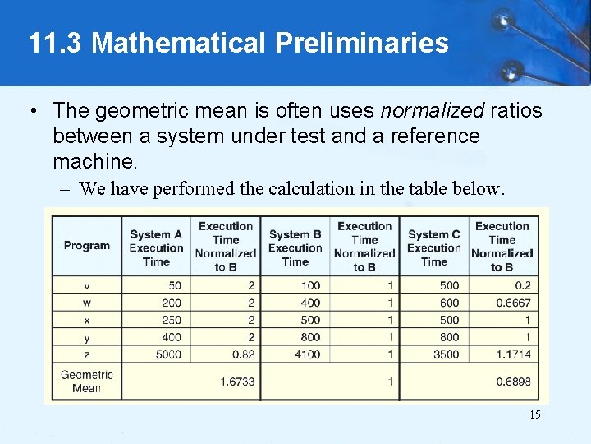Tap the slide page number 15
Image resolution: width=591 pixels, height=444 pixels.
[x=534, y=414]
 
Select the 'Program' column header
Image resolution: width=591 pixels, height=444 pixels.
[x=86, y=245]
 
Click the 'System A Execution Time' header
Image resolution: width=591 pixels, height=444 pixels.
[x=156, y=247]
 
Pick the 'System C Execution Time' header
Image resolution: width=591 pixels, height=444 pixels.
[x=433, y=247]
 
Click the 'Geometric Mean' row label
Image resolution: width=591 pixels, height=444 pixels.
[x=86, y=382]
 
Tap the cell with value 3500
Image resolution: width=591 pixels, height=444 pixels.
[x=444, y=354]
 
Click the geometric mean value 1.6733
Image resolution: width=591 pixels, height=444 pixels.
[x=237, y=382]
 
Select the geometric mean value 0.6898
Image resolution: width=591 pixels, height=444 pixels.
[x=514, y=382]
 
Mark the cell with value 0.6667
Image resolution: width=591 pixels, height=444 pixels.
[x=514, y=303]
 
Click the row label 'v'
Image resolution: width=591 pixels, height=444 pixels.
[x=87, y=285]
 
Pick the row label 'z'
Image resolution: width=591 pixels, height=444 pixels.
[x=87, y=354]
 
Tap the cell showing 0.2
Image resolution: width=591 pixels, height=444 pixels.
[x=522, y=285]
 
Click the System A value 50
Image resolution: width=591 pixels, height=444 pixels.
[x=174, y=285]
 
